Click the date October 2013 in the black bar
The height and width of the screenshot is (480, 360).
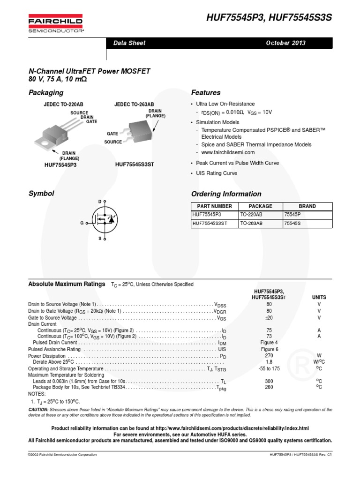point(285,43)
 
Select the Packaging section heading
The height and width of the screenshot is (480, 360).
point(46,92)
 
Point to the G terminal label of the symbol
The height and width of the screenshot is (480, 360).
point(82,223)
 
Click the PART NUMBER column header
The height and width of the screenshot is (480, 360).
point(214,206)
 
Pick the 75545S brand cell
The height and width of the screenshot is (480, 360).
point(292,224)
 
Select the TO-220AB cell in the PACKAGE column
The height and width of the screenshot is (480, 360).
point(251,215)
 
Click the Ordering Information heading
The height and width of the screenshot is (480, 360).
point(226,194)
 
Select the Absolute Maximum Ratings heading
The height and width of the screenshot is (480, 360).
point(67,284)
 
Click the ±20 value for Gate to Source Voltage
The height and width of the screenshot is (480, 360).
point(269,318)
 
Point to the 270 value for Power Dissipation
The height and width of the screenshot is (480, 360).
point(269,355)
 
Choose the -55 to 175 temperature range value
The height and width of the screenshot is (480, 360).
point(269,368)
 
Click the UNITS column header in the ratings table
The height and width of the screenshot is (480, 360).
point(319,297)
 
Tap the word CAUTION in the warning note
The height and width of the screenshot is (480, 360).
point(41,410)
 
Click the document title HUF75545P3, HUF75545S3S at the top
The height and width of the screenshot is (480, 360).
point(269,18)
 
